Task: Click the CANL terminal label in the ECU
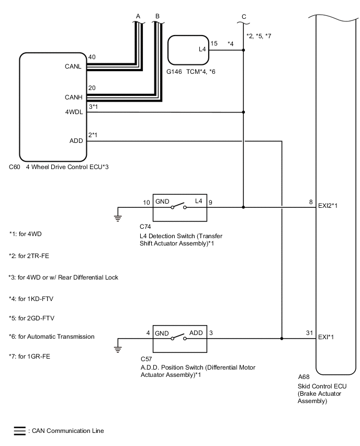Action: [x=74, y=66]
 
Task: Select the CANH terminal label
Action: [x=74, y=97]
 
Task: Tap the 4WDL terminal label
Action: [x=73, y=111]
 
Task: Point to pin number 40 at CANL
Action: [x=92, y=57]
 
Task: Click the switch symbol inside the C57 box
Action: [x=180, y=339]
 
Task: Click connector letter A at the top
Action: [x=138, y=17]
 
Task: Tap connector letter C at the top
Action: [x=244, y=17]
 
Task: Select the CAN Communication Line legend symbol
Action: [x=19, y=431]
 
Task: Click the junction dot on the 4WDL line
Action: [x=244, y=111]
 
